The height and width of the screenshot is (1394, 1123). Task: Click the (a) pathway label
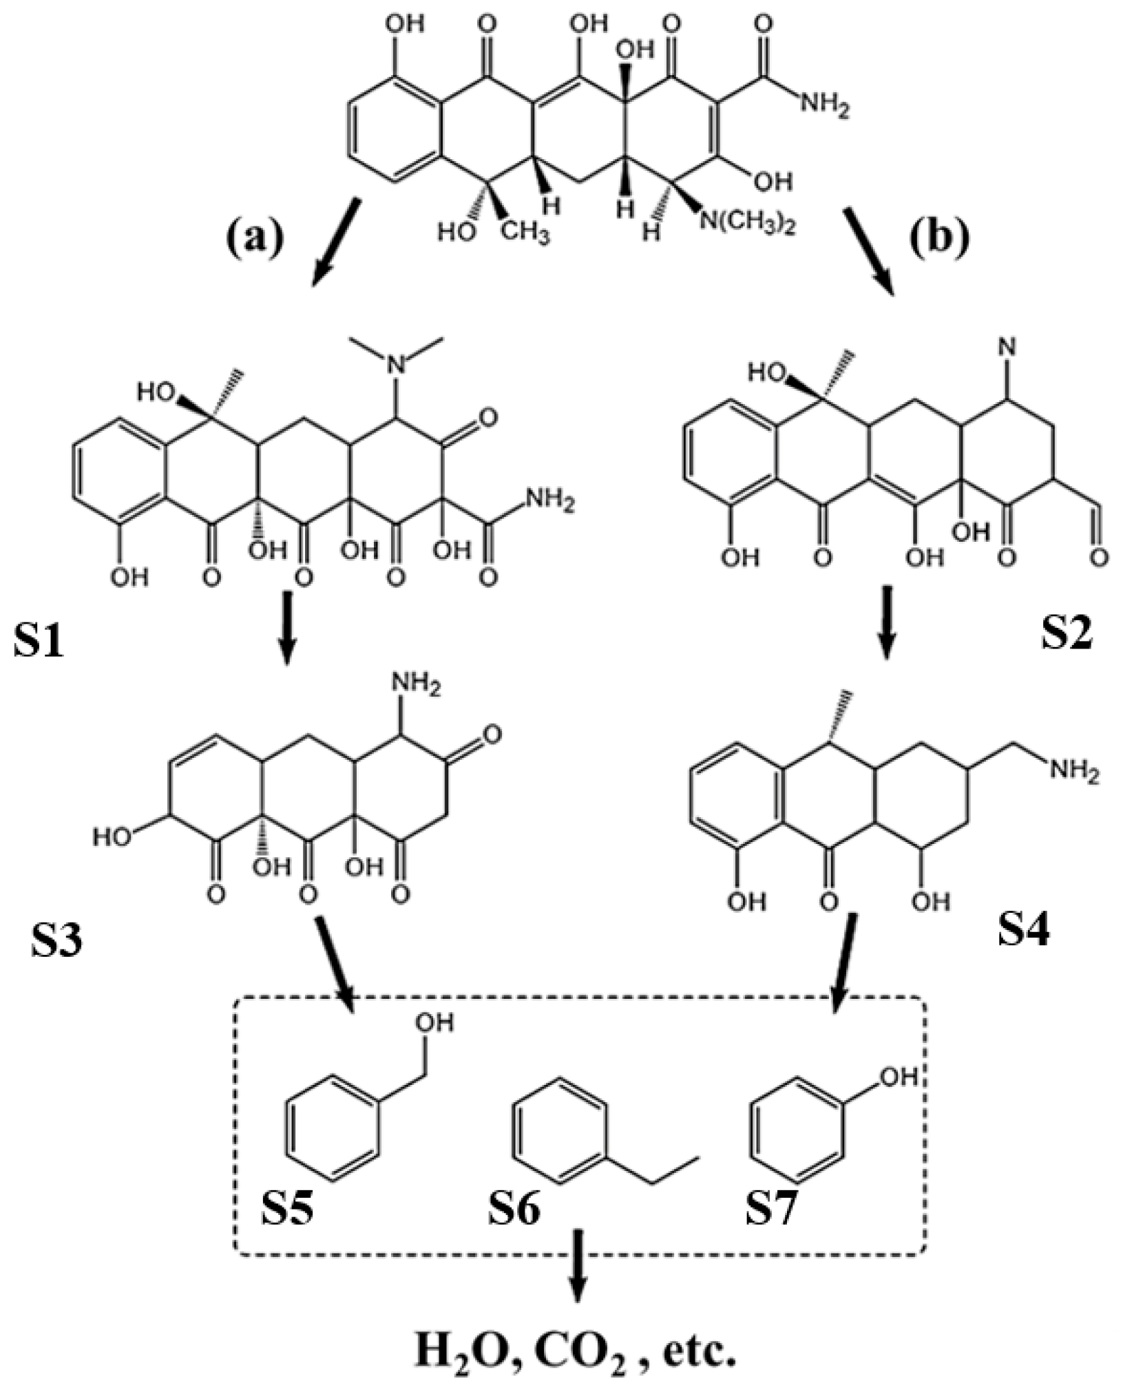point(255,237)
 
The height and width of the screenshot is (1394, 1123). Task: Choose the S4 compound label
point(1025,929)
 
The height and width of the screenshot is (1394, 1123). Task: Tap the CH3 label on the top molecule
point(525,233)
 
